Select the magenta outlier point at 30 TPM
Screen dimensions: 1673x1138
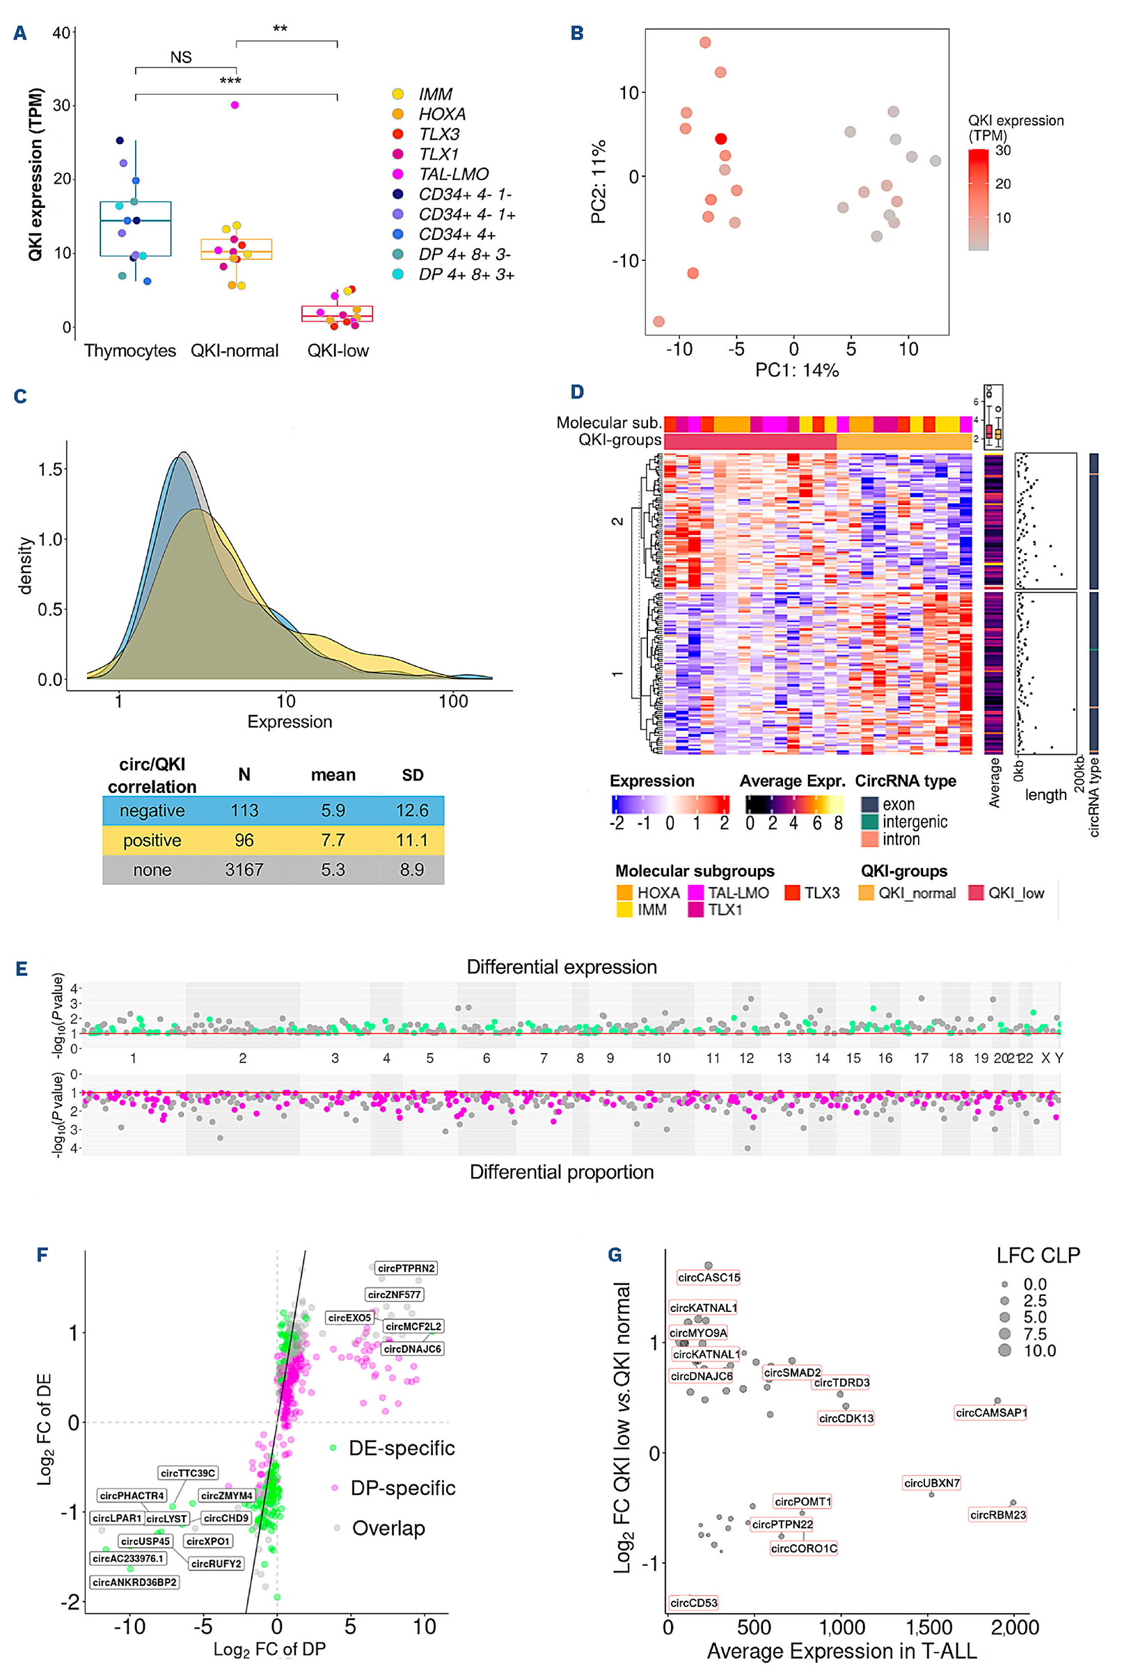tap(235, 105)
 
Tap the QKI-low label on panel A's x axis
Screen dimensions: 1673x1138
tap(338, 351)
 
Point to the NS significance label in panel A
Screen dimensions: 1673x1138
tap(181, 58)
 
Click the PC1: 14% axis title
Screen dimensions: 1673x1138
tap(796, 370)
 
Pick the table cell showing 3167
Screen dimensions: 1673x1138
tap(244, 870)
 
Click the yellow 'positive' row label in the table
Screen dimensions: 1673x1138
tap(152, 840)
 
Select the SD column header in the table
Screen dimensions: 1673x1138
tap(412, 776)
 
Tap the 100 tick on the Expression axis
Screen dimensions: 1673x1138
tap(453, 701)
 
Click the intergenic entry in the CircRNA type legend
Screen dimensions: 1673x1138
tap(914, 822)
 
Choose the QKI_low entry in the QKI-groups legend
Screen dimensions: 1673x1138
tap(1015, 893)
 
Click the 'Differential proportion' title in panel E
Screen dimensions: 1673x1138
tap(562, 1172)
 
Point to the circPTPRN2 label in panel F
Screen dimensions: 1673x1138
tap(406, 1268)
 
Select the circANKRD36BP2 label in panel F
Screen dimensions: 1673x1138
tap(135, 1583)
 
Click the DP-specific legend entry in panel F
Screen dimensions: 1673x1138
tap(402, 1488)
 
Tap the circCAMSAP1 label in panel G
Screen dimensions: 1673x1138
tap(991, 1413)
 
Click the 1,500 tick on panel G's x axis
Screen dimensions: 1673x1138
tap(928, 1627)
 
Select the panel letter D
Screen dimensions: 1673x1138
tap(577, 392)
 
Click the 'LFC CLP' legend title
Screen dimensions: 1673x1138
tap(1038, 1256)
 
